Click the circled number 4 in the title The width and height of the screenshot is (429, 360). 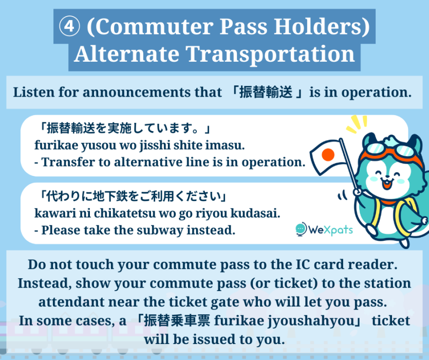tap(69, 26)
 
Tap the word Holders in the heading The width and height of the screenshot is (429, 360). tap(322, 27)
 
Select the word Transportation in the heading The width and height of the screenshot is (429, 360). tap(270, 55)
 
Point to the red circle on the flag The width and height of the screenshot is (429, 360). tap(328, 155)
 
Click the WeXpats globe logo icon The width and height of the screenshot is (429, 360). tap(301, 229)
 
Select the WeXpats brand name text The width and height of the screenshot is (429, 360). tap(331, 229)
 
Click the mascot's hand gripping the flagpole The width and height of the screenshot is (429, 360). tap(357, 191)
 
